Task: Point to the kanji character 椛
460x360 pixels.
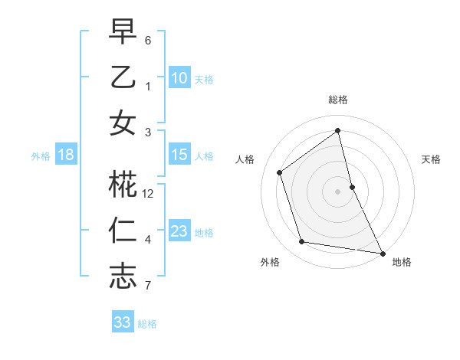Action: pos(123,185)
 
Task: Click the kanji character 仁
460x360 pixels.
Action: pos(123,231)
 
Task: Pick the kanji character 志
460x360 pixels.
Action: pos(123,277)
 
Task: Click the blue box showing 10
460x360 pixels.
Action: pos(179,77)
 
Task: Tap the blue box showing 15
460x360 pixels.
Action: pos(179,155)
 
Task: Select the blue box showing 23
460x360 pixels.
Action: pos(179,231)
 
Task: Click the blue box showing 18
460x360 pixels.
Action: pos(66,155)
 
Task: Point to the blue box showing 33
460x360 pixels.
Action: pos(122,322)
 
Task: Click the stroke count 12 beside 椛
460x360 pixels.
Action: pos(149,194)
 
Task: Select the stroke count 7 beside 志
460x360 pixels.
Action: pos(148,286)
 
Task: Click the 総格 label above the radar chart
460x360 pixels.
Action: pos(338,100)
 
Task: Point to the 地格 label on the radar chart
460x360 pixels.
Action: pos(402,262)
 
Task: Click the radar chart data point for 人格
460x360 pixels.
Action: pos(280,172)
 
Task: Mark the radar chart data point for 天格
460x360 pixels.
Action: pos(352,187)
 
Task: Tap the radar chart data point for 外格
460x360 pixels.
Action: pos(302,242)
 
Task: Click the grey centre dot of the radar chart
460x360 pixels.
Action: pos(338,191)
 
